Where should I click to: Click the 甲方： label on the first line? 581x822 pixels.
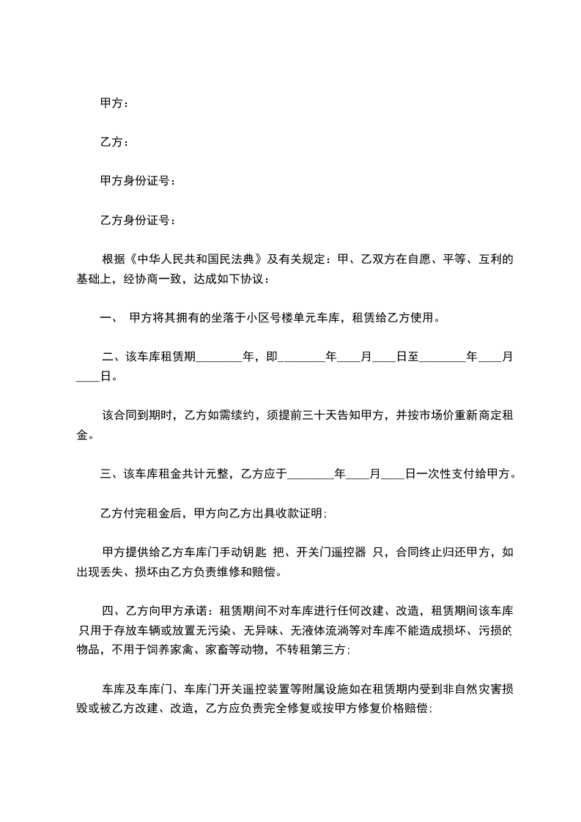[x=114, y=104]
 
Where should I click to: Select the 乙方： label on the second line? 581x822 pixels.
[x=114, y=142]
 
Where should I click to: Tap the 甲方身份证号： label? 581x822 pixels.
[x=138, y=181]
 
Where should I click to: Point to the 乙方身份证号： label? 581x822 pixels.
[x=138, y=219]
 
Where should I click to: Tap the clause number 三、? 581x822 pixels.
[x=111, y=474]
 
